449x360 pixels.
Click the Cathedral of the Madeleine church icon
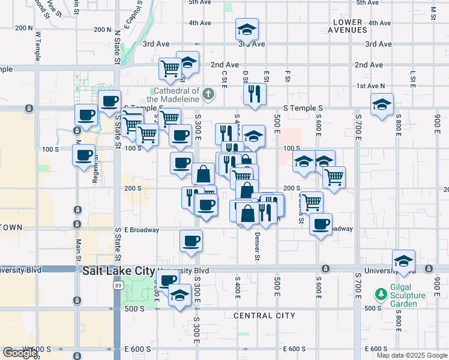208,94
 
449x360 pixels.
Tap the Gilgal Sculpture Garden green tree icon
380,295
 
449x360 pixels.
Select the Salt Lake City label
118,271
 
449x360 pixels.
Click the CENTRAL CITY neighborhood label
264,316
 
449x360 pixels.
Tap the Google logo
20,353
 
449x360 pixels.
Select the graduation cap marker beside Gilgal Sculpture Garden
404,260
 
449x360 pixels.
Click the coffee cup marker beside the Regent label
84,155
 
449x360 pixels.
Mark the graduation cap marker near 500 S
179,295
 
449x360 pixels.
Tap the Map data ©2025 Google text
412,355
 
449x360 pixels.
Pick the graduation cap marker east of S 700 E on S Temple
382,104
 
